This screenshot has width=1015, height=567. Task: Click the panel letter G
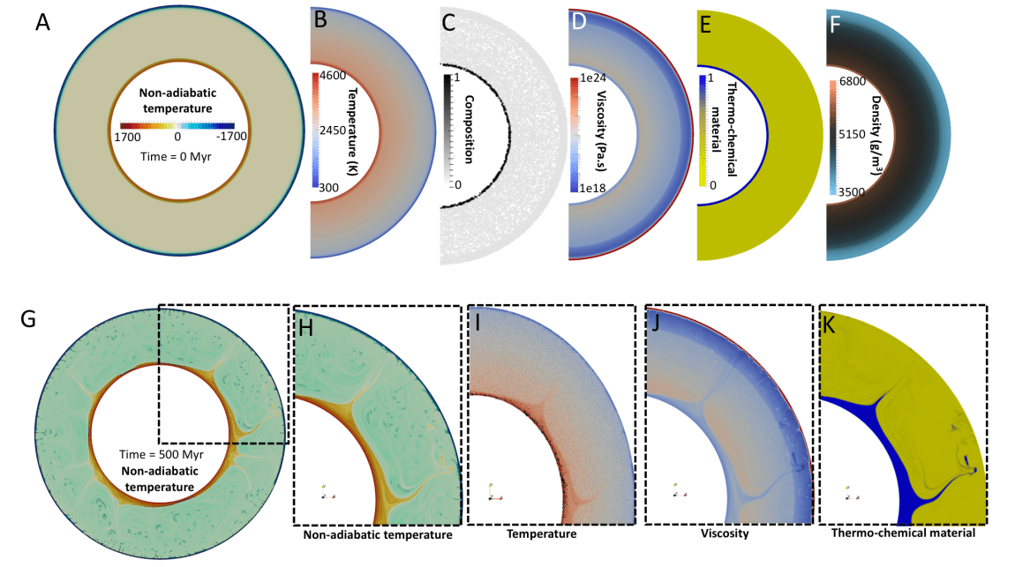pyautogui.click(x=29, y=319)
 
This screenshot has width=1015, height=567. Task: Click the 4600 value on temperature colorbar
pyautogui.click(x=334, y=78)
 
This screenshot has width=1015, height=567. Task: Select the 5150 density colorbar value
pyautogui.click(x=851, y=137)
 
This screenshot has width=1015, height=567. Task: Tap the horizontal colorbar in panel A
pyautogui.click(x=177, y=125)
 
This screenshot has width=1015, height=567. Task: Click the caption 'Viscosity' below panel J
pyautogui.click(x=726, y=533)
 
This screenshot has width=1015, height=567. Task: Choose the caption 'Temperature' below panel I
pyautogui.click(x=541, y=533)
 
